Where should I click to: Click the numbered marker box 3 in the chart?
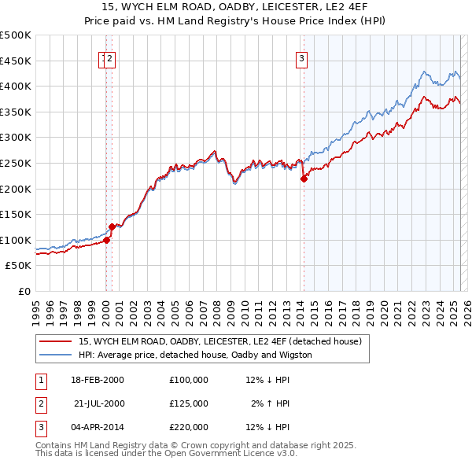(302, 57)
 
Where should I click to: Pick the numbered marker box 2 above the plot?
(111, 57)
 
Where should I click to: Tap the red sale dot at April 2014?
(304, 179)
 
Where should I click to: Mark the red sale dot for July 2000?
(112, 227)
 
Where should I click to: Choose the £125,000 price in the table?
(188, 403)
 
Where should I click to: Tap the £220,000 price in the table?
(188, 427)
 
